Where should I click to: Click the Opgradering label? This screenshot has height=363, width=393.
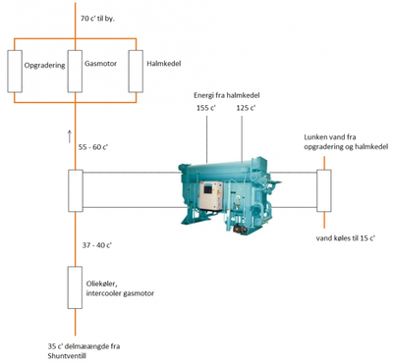click(44, 66)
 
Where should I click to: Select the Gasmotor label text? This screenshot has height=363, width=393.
click(100, 64)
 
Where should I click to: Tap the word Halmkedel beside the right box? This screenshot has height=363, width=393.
click(164, 64)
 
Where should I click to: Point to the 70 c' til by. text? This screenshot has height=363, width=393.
click(98, 19)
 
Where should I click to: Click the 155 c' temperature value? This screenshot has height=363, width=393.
click(206, 108)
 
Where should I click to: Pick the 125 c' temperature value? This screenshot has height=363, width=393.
click(246, 108)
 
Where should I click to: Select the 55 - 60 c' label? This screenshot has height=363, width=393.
click(93, 147)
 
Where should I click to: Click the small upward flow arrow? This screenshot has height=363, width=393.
click(69, 136)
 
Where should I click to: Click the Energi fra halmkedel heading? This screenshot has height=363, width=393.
click(227, 95)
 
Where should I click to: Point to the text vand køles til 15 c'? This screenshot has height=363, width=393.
click(346, 238)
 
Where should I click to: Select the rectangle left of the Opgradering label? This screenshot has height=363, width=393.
click(15, 72)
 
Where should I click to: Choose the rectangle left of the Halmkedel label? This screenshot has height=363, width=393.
click(136, 72)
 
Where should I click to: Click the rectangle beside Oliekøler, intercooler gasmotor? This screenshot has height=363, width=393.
click(75, 287)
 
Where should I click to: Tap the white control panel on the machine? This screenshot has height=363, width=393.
click(211, 195)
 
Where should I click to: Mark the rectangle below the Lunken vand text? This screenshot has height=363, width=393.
click(324, 190)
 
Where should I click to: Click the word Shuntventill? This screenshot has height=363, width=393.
click(67, 356)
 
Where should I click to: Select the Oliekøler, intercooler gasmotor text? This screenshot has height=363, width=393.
click(120, 288)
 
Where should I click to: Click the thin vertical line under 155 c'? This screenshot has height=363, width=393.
click(207, 138)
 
